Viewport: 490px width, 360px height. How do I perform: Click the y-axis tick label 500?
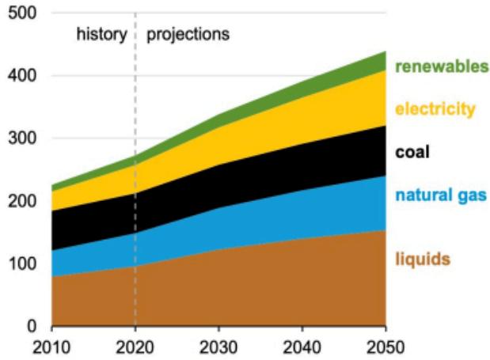(24, 13)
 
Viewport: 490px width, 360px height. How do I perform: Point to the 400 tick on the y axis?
(24, 76)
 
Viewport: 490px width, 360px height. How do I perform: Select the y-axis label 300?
(24, 138)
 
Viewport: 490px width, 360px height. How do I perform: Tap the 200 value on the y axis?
(24, 201)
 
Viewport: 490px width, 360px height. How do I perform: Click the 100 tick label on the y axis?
(24, 263)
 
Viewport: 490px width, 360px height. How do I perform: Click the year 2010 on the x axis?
(51, 347)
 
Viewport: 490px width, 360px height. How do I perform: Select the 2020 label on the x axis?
(135, 347)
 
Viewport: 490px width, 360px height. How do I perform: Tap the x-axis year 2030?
(218, 347)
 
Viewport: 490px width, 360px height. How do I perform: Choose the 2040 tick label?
(302, 347)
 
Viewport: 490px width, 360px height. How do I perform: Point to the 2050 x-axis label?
(386, 347)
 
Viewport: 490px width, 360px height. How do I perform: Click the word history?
(101, 35)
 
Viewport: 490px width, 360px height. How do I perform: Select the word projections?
(188, 35)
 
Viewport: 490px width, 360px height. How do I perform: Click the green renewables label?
(442, 66)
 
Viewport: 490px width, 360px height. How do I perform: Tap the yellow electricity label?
(435, 108)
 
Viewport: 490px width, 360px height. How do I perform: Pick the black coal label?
(412, 152)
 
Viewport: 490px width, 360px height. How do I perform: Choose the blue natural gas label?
(440, 195)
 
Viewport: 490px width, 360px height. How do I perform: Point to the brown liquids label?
(422, 259)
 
